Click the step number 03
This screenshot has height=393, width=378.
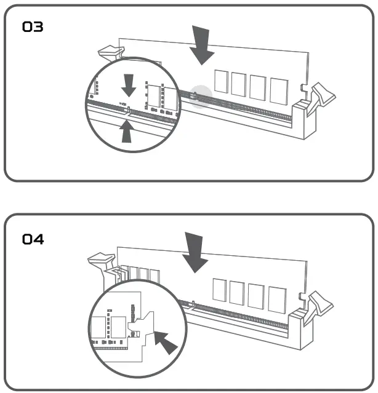(33, 27)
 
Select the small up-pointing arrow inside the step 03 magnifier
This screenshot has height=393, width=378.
(127, 131)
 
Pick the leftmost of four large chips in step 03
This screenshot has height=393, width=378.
(221, 82)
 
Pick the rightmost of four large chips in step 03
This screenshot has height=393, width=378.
(279, 89)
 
